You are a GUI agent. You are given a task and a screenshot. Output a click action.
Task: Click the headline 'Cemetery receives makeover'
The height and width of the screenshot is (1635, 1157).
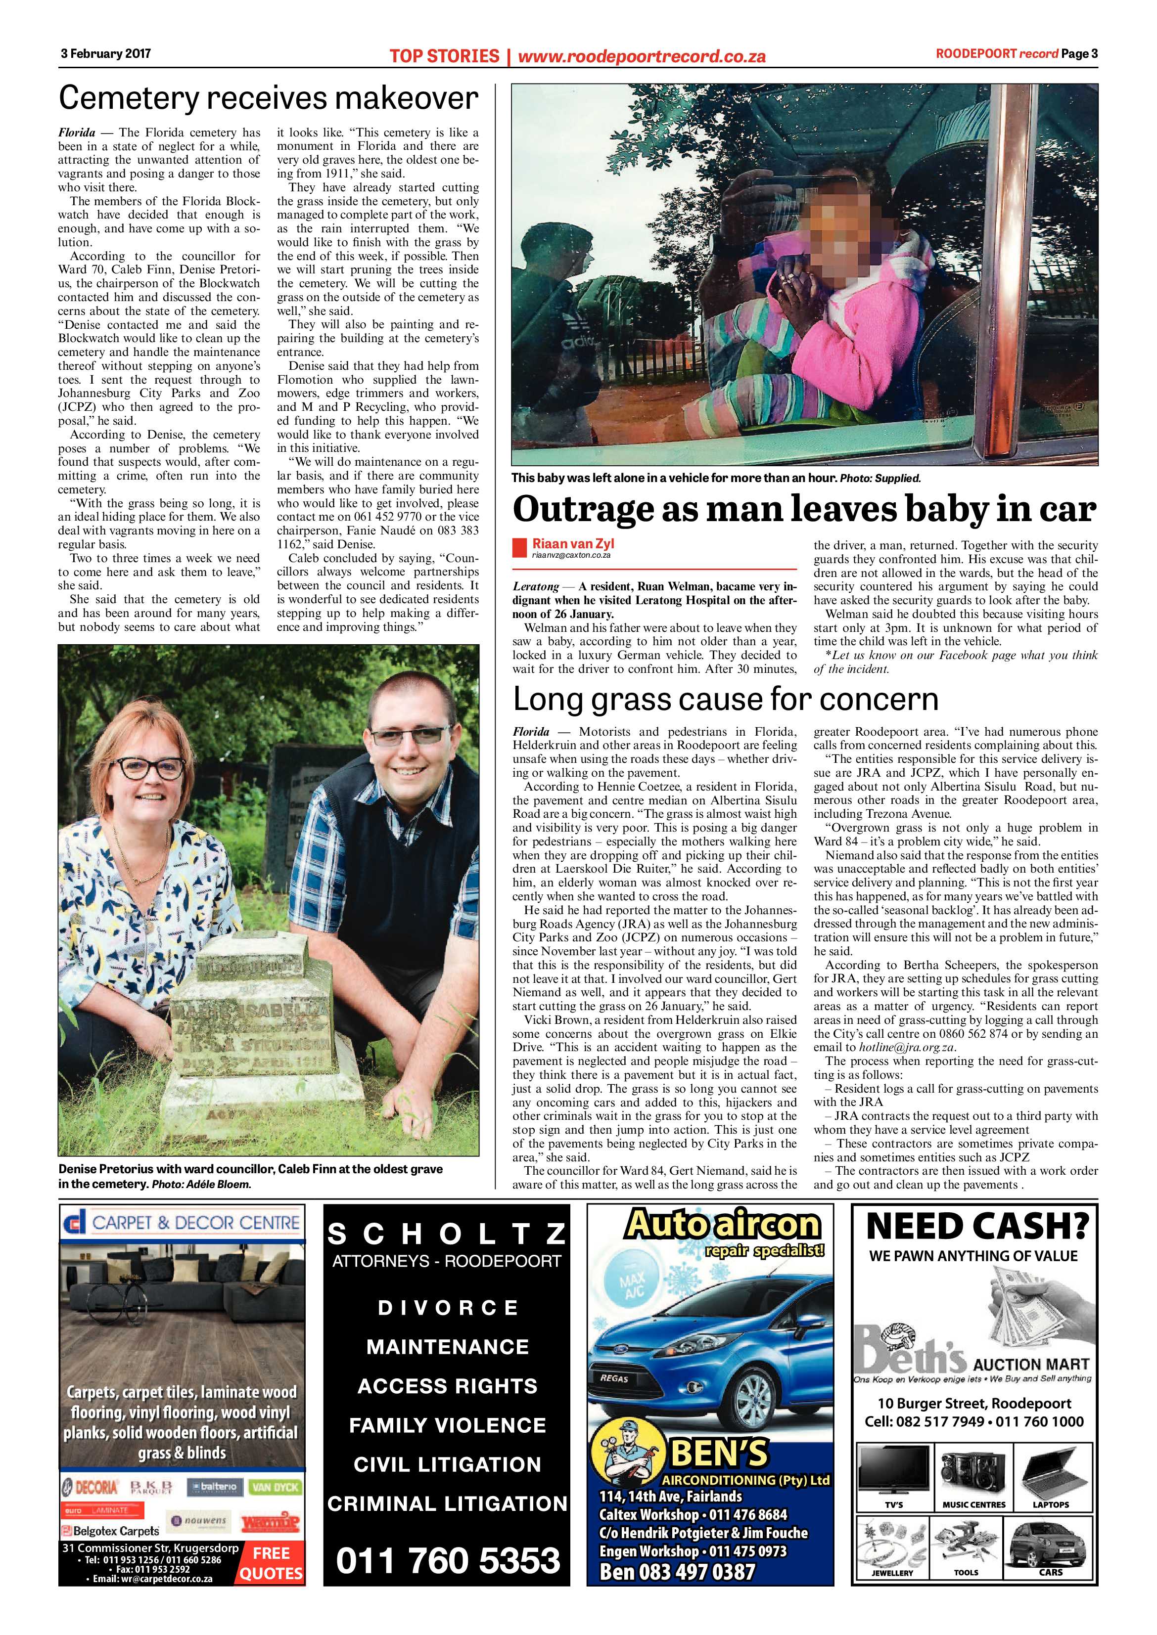click(268, 98)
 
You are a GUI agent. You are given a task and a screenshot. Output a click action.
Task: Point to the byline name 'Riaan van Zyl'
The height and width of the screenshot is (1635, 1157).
click(573, 543)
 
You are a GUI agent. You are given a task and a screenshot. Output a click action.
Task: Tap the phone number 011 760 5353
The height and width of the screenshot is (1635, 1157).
click(447, 1580)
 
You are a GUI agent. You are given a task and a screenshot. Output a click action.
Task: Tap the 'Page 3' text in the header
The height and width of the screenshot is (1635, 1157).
click(1079, 53)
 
